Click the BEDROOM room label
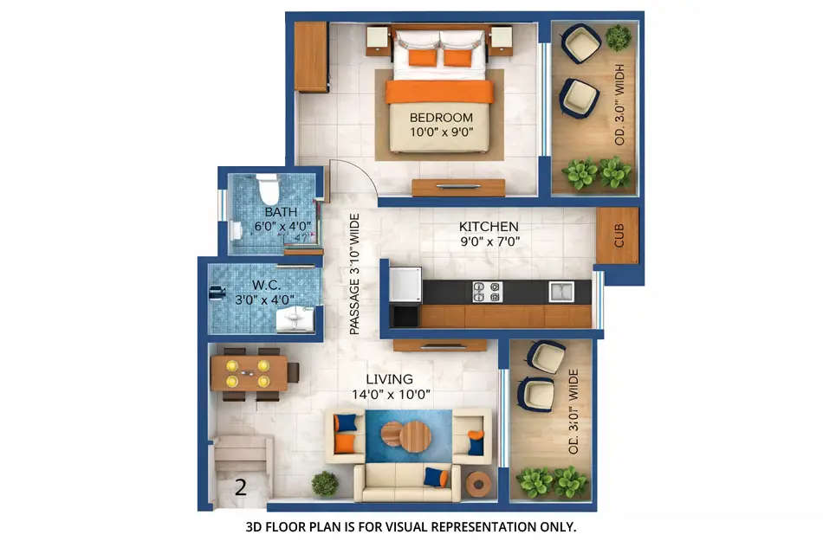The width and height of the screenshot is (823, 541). (441, 118)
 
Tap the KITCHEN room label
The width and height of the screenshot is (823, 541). (489, 227)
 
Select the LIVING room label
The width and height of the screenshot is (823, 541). (389, 379)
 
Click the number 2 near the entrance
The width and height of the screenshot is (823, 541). (241, 486)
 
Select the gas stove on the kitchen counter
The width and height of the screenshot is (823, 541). (486, 291)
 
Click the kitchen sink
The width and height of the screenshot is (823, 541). (560, 291)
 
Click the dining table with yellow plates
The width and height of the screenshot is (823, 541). (249, 372)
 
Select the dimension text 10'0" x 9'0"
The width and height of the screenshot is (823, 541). (441, 133)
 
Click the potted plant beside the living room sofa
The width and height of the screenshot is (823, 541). (325, 483)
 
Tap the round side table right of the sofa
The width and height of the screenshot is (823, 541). (477, 483)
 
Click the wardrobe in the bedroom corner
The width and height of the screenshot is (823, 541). (310, 57)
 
